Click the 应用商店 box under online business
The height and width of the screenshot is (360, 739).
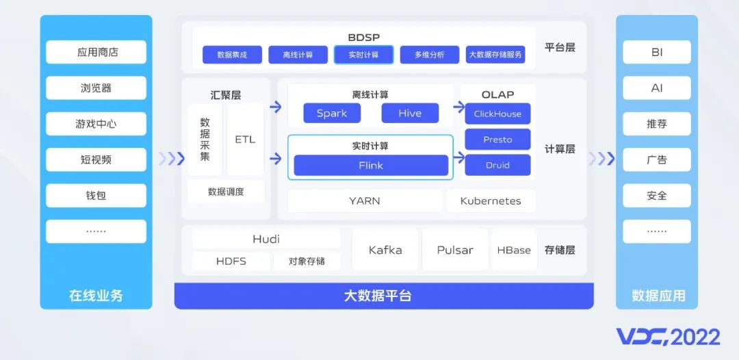pos(96,52)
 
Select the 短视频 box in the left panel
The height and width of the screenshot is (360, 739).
pos(96,159)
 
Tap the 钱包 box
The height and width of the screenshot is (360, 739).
pos(96,196)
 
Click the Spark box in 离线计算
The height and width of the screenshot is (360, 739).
pos(332,113)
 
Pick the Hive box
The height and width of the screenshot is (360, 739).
pos(410,113)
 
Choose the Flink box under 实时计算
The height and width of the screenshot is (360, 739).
pos(371,166)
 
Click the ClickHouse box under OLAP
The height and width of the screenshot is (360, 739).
pos(497,114)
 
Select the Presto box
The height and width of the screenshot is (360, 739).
pos(497,140)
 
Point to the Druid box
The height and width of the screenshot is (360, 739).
pos(497,166)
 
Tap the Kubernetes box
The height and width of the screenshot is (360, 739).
pos(491,201)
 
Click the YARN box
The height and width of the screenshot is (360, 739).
pos(365,201)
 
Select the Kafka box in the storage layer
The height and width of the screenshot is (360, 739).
pos(385,250)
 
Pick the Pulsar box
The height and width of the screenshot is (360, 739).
pos(455,250)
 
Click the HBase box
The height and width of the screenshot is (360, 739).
pos(514,250)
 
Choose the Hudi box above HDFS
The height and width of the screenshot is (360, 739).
pos(266,240)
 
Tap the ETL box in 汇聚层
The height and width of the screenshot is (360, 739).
pos(245,140)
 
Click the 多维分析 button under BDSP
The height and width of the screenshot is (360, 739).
pos(429,55)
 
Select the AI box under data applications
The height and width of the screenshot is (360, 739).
pos(657,88)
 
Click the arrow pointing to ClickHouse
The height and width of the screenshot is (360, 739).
pos(459,107)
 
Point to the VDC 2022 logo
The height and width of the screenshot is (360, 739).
pos(669,337)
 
